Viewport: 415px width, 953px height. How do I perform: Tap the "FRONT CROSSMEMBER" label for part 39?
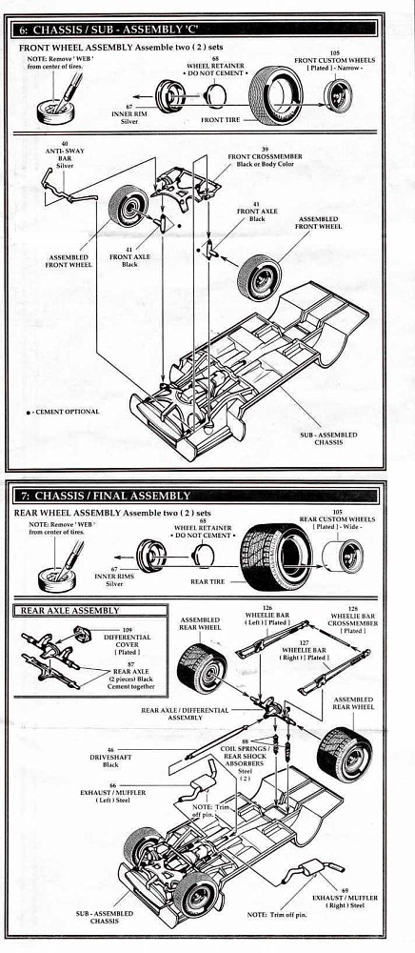click(265, 156)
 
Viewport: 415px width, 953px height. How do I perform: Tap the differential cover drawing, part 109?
click(82, 634)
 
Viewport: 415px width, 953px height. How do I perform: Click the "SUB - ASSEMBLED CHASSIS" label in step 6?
click(328, 437)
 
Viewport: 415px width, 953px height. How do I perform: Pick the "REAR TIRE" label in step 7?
click(207, 581)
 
